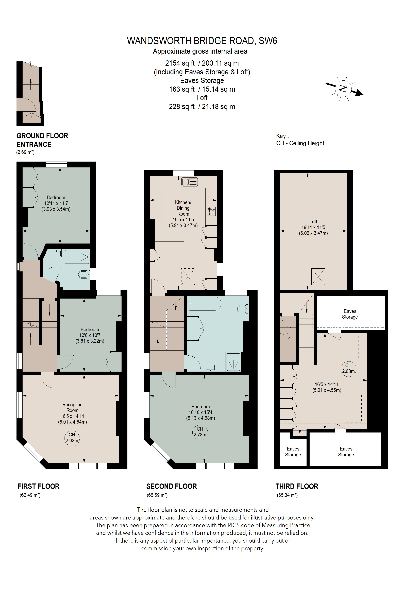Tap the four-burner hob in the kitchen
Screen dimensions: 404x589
click(211, 211)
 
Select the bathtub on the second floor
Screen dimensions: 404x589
click(205, 303)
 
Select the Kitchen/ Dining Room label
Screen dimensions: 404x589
click(183, 208)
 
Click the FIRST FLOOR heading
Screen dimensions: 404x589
click(39, 486)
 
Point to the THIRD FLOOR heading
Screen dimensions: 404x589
click(297, 486)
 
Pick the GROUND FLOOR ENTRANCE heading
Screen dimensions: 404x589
click(42, 140)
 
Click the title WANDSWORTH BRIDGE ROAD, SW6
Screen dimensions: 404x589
click(202, 41)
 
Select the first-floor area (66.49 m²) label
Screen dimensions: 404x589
click(30, 495)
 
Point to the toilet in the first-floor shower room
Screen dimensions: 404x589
click(84, 274)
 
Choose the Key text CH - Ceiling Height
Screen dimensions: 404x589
click(300, 143)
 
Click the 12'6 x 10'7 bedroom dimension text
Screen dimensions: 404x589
click(90, 335)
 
